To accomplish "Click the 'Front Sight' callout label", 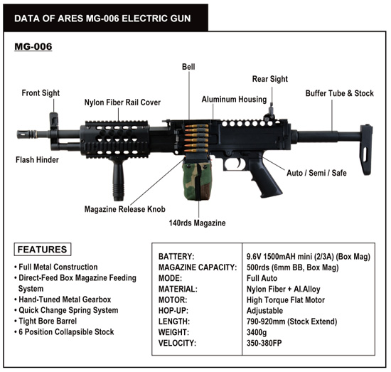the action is [41, 93].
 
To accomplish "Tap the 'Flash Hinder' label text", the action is [37, 159].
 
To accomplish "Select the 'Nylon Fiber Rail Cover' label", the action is [122, 102].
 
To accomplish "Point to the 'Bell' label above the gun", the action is [188, 67].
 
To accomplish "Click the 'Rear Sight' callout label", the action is [270, 79].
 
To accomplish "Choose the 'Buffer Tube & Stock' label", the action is [340, 93].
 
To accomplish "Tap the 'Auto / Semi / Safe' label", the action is [316, 173].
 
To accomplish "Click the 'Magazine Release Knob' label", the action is [125, 209].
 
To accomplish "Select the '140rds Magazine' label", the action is [197, 223].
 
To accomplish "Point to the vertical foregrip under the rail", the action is [118, 180].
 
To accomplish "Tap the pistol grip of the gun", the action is [264, 176].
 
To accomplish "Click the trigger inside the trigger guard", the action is [239, 163].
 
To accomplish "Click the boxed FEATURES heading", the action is [43, 249].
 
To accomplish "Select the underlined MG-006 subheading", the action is [33, 47].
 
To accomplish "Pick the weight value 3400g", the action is [257, 332].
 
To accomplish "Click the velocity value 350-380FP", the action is [264, 343].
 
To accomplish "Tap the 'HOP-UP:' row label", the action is [173, 311].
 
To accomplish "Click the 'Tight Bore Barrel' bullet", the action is [48, 321].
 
